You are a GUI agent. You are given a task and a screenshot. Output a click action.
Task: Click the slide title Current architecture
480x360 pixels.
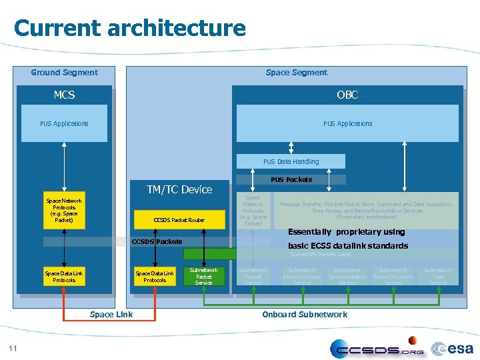tap(129, 29)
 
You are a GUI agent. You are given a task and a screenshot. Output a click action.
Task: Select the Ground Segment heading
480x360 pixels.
tap(64, 73)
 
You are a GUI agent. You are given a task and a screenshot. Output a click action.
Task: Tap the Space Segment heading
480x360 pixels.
tap(296, 73)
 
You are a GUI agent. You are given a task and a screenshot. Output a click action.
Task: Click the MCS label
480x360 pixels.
tap(64, 95)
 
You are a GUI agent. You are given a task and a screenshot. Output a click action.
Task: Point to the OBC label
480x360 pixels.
tap(347, 95)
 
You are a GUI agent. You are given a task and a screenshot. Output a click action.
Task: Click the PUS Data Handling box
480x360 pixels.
tap(291, 161)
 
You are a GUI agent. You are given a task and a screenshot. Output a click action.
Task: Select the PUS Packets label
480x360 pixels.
tap(291, 179)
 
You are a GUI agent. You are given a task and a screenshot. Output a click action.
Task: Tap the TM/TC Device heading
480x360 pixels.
tap(179, 190)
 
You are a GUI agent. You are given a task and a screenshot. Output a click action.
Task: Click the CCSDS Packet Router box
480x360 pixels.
tap(179, 220)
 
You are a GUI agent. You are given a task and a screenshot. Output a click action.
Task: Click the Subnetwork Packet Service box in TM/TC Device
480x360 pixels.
tap(203, 277)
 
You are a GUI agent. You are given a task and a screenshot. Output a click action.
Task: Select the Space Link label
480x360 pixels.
tap(111, 315)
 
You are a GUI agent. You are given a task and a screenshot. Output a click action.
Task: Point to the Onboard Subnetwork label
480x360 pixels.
tap(304, 315)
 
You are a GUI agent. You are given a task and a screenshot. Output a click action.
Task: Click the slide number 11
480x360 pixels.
tap(13, 347)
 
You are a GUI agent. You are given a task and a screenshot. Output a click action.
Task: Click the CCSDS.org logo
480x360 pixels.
tap(377, 348)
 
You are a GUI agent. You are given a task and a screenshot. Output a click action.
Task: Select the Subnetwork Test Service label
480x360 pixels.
tap(438, 277)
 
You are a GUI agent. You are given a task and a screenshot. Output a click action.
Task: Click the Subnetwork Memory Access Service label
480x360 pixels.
tap(302, 277)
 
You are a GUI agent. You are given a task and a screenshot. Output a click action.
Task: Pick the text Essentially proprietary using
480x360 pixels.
tap(346, 232)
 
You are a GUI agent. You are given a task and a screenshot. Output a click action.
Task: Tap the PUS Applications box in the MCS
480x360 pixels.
tap(64, 124)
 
